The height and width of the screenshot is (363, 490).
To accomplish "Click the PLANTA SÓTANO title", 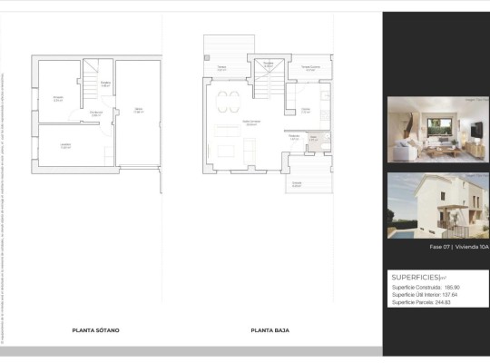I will tap(95, 330).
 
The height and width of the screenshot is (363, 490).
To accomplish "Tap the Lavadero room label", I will tap(64, 146).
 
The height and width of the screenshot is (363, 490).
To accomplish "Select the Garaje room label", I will tap(138, 111).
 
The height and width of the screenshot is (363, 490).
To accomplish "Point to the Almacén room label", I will tap(57, 98).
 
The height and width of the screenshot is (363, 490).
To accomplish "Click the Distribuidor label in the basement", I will tap(95, 113).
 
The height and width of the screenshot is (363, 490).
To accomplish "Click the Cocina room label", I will tap(306, 111).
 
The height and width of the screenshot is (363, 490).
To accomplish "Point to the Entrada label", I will tap(297, 183).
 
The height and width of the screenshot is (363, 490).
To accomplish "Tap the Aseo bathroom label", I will tap(313, 140).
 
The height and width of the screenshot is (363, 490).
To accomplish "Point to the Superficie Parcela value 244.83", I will tap(451, 302).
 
